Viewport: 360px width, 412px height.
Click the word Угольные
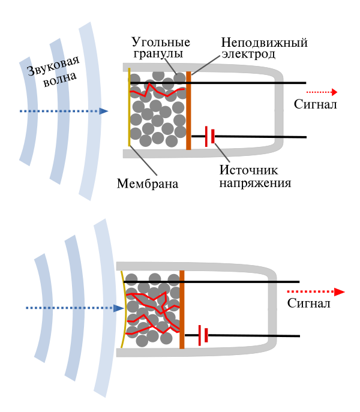point(161,43)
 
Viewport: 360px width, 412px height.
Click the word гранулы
point(158,53)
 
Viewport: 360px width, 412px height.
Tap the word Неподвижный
point(264,43)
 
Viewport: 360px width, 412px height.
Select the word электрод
point(248,54)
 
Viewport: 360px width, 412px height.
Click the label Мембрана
point(148,184)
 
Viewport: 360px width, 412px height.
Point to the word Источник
point(248,170)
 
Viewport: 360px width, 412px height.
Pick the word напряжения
point(256,183)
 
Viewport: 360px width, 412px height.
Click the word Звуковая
point(53,66)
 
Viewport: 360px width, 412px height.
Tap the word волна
point(60,79)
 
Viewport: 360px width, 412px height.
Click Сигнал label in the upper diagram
point(315,104)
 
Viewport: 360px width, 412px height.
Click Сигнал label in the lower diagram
point(309,303)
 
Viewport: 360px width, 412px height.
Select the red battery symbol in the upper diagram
point(209,136)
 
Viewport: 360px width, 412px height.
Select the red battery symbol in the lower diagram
point(203,335)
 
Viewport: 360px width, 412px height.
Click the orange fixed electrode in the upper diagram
point(188,110)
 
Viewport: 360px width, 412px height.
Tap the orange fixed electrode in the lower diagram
point(182,309)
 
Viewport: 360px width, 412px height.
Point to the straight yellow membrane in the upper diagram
point(129,107)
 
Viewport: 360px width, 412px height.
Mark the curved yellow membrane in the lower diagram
point(123,309)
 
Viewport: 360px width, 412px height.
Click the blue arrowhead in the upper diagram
point(104,111)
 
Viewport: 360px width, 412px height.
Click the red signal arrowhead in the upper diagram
point(334,92)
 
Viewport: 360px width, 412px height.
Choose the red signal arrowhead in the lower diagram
point(340,291)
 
